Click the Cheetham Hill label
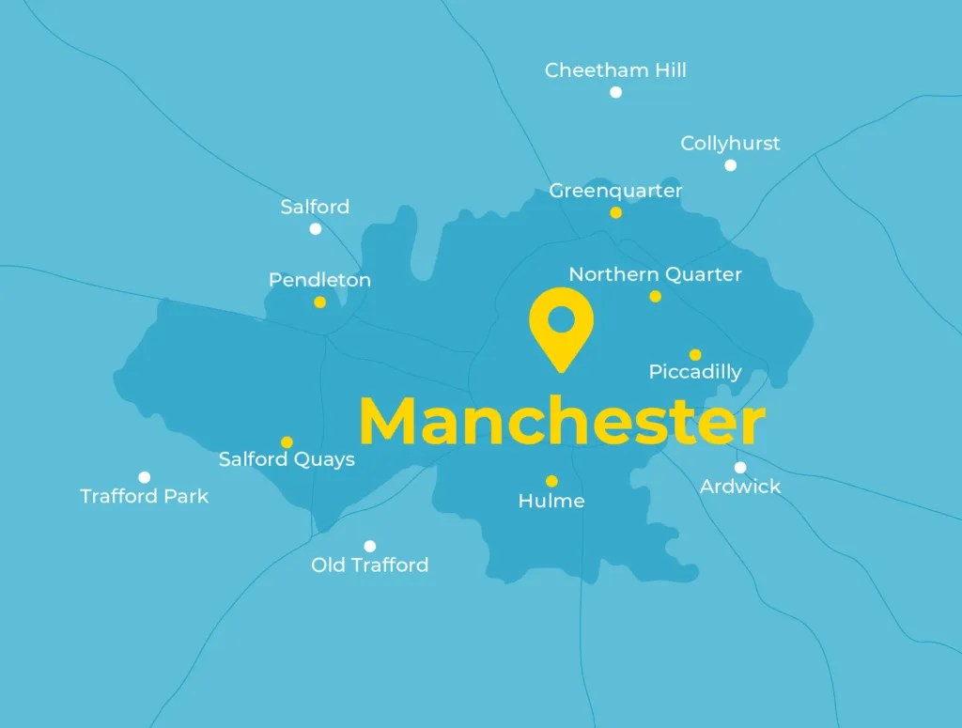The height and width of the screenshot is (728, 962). pos(615,70)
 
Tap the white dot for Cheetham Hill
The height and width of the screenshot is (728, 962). pos(615,92)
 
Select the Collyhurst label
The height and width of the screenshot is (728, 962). pos(730,144)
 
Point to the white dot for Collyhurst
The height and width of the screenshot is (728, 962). pos(730,165)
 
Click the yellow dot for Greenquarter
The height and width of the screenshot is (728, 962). pos(615,213)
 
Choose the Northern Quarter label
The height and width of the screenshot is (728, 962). pos(655,274)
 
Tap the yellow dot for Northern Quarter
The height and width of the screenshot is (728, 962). pos(655,297)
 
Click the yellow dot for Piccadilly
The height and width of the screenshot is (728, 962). pos(695,355)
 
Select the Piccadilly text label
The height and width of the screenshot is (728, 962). pos(695,373)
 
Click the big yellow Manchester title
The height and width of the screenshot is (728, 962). pos(562,423)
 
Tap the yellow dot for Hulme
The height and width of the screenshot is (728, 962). pos(551,481)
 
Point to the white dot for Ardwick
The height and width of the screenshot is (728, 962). pos(740,467)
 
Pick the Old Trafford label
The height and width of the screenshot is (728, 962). pos(369,565)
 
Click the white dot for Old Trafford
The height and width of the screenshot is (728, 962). pos(369,546)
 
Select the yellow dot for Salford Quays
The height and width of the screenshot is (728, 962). pos(287,442)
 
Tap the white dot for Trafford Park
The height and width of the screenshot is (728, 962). pos(144,477)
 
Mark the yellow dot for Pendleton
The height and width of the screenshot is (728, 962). pos(319,302)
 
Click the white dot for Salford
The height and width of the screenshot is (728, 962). pos(315,228)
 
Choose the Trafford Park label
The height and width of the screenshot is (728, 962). pos(144,496)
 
